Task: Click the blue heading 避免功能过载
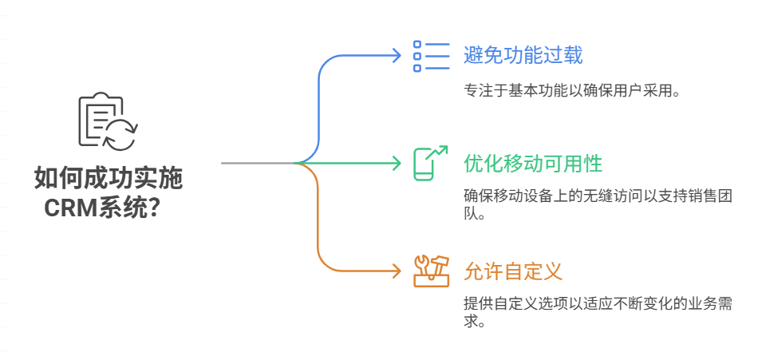[x=523, y=55]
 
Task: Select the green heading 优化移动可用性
[x=532, y=164]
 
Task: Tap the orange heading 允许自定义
[x=513, y=271]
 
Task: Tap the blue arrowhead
[x=397, y=55]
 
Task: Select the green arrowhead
[x=397, y=163]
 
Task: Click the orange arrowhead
[x=397, y=271]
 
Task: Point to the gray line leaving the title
[x=255, y=163]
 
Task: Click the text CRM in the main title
[x=69, y=208]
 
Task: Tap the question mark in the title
[x=157, y=208]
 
